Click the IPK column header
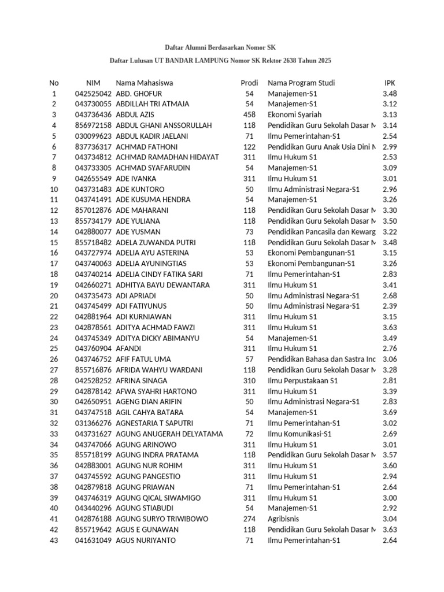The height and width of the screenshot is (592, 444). (x=390, y=83)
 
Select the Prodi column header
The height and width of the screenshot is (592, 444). (x=249, y=83)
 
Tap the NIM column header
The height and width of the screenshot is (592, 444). (x=93, y=83)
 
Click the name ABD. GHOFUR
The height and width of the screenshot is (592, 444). (x=139, y=94)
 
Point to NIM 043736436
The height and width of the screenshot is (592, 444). (x=93, y=114)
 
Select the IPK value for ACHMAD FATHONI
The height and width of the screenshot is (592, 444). (x=390, y=147)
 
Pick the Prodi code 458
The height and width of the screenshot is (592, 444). (x=249, y=114)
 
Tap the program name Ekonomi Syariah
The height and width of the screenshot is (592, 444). (x=295, y=114)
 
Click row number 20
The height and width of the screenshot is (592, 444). (x=54, y=295)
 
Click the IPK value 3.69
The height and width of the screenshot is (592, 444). (x=390, y=413)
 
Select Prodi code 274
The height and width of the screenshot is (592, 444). (x=249, y=519)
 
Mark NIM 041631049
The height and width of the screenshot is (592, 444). (x=93, y=541)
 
